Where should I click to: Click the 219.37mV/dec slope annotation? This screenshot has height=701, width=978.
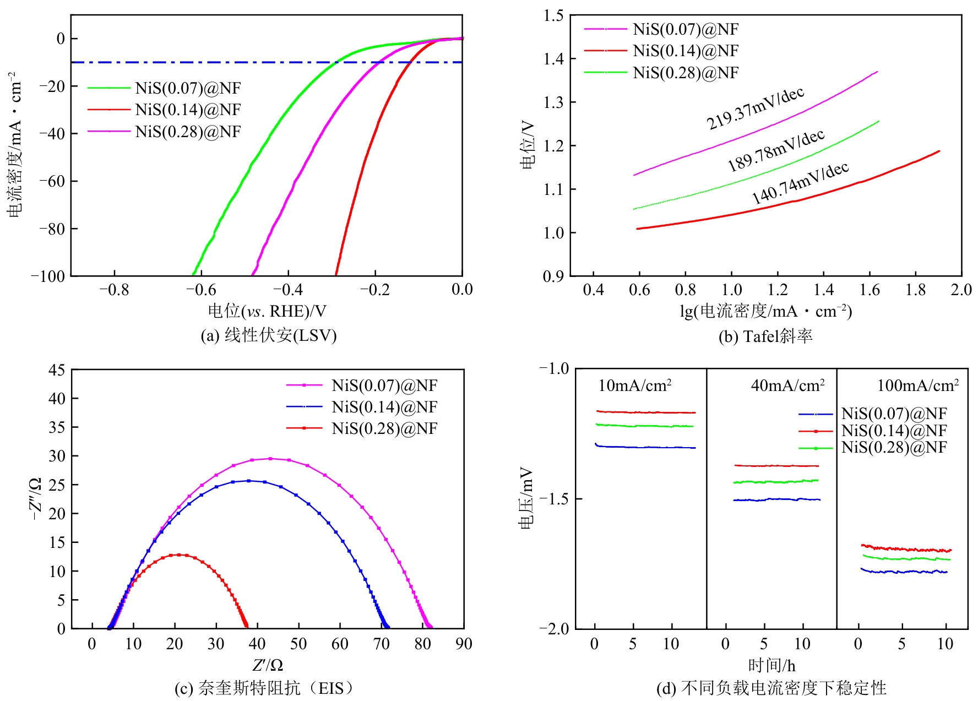pyautogui.click(x=756, y=108)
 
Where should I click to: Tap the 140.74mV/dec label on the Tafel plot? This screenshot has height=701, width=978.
pyautogui.click(x=800, y=183)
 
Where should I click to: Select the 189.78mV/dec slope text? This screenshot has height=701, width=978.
pyautogui.click(x=776, y=150)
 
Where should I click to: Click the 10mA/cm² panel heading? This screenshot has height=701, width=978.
pyautogui.click(x=634, y=385)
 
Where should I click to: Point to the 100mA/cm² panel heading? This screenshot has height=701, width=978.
pyautogui.click(x=917, y=385)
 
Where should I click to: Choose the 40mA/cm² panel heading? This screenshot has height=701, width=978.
pyautogui.click(x=787, y=385)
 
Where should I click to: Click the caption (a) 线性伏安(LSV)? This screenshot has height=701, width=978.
pyautogui.click(x=268, y=335)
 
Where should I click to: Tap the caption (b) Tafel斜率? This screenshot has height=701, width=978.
pyautogui.click(x=765, y=336)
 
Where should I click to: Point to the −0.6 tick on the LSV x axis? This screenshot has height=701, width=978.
pyautogui.click(x=201, y=290)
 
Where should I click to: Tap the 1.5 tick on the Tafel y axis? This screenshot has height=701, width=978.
pyautogui.click(x=554, y=15)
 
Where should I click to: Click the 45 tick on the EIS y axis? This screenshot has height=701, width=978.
pyautogui.click(x=57, y=370)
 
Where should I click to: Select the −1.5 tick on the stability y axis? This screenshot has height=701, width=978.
pyautogui.click(x=554, y=499)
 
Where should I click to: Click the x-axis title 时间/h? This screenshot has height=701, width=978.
pyautogui.click(x=771, y=666)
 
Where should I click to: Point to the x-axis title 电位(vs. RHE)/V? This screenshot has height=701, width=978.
pyautogui.click(x=267, y=312)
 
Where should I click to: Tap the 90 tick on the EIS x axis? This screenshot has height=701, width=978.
pyautogui.click(x=464, y=644)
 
